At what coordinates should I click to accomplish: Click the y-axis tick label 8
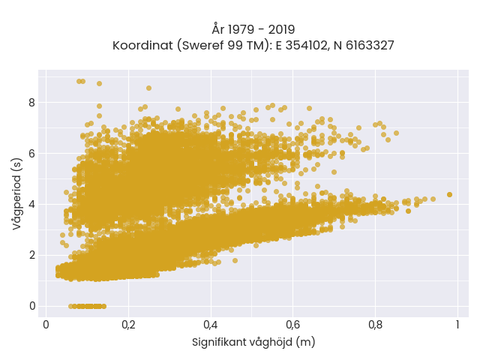(32, 103)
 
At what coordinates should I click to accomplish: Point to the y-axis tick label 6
(32, 153)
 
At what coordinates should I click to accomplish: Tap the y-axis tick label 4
(32, 204)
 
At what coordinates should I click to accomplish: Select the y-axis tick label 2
(32, 255)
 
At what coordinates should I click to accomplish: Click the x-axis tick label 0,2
(128, 325)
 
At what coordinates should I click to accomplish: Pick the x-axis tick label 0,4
(211, 325)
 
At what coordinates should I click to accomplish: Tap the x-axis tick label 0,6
(293, 325)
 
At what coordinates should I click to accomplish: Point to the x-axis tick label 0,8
(375, 325)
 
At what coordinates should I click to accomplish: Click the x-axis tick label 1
(457, 325)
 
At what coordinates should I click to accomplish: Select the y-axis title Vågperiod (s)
(17, 193)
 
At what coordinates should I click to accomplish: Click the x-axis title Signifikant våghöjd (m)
(253, 342)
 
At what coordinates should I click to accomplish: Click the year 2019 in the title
(282, 30)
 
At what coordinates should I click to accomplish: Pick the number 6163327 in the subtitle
(370, 46)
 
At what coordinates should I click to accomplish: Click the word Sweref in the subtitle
(202, 46)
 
